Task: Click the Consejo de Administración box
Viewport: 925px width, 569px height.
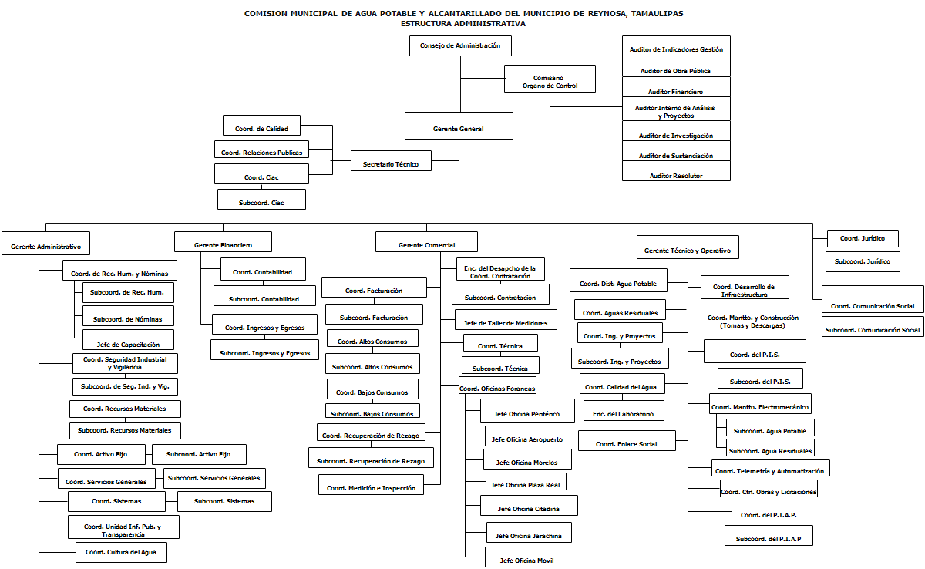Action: coord(460,46)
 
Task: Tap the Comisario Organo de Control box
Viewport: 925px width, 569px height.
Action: coord(550,82)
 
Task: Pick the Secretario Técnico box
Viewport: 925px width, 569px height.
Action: coord(391,163)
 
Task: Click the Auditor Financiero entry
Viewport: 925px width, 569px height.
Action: coord(676,92)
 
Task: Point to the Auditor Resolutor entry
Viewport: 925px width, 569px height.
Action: coord(676,176)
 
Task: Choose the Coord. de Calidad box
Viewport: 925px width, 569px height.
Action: coord(261,129)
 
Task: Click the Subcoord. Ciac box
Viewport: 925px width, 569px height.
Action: coord(261,201)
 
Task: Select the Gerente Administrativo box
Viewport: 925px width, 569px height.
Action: coord(46,247)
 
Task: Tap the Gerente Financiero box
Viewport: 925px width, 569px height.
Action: coord(224,245)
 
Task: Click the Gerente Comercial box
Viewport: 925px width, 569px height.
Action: coord(426,245)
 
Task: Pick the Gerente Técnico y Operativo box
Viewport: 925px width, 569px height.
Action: coord(687,251)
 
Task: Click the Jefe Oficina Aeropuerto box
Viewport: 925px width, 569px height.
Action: coord(528,439)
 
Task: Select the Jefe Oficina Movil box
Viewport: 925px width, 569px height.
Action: coord(528,561)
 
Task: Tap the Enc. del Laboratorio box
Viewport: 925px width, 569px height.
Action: coord(624,414)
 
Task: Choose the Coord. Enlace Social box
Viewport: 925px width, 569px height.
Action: coord(627,444)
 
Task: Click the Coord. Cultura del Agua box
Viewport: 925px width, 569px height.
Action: coord(121,552)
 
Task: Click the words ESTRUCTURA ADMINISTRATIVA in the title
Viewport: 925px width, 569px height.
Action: coord(463,23)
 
